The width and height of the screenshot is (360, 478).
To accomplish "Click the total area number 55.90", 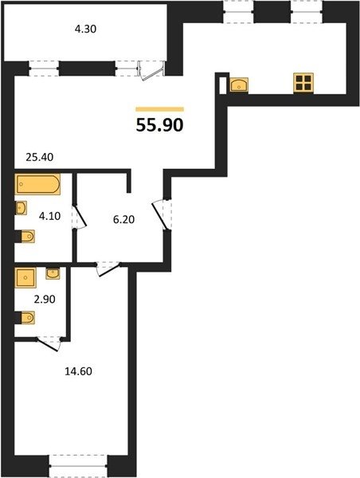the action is click(x=159, y=125).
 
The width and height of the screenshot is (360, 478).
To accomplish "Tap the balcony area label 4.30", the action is click(x=86, y=29).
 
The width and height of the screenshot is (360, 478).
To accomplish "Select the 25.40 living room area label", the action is click(x=40, y=157).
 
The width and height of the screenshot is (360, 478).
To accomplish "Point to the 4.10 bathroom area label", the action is click(x=49, y=216).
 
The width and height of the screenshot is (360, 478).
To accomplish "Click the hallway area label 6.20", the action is click(x=123, y=219).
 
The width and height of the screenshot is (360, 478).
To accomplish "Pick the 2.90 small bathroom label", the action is click(x=45, y=299).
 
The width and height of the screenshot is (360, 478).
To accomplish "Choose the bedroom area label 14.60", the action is click(x=78, y=371).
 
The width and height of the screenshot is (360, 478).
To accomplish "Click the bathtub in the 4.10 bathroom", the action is click(x=37, y=184).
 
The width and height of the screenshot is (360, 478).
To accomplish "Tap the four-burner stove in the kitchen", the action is click(x=303, y=83).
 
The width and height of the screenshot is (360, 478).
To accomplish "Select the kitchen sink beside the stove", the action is click(x=239, y=84).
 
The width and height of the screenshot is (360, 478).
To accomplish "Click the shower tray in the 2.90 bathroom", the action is click(x=25, y=277).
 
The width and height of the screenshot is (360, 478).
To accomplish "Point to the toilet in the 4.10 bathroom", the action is click(x=26, y=237).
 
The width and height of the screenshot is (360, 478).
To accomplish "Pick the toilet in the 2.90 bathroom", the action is click(x=26, y=318).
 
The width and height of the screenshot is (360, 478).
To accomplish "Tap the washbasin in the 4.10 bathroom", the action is click(x=21, y=208).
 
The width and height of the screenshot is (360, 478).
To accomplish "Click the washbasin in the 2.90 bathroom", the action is click(x=53, y=273).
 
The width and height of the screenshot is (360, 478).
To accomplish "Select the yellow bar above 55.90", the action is click(x=160, y=109).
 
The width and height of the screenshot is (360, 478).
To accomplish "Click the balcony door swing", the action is click(x=151, y=70).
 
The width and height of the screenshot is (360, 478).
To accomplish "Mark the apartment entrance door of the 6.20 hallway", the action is click(x=162, y=214).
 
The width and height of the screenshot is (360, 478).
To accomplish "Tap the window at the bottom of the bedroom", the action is click(x=78, y=465).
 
